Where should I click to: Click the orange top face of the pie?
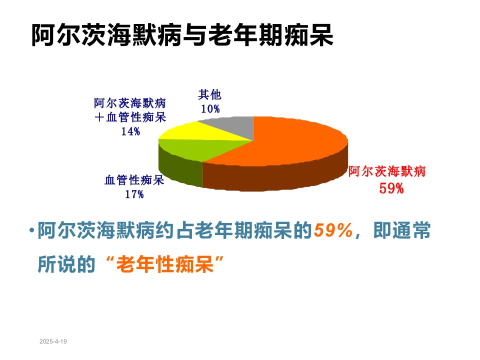tap(281, 141)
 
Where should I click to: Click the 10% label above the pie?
tap(210, 108)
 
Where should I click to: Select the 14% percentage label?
tap(130, 131)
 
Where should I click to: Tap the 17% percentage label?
tap(134, 194)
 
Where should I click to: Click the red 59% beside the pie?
tap(391, 188)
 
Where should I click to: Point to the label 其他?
tap(209, 94)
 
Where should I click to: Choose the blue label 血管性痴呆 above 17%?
tap(134, 180)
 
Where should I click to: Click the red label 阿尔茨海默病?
tap(387, 171)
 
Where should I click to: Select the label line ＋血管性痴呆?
tap(130, 117)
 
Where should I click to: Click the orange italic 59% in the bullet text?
tap(333, 230)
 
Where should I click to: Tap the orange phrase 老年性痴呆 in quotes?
tap(164, 264)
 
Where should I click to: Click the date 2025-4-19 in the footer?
tap(53, 341)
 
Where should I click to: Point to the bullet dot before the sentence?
tap(31, 230)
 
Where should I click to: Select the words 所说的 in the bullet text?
tap(66, 264)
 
